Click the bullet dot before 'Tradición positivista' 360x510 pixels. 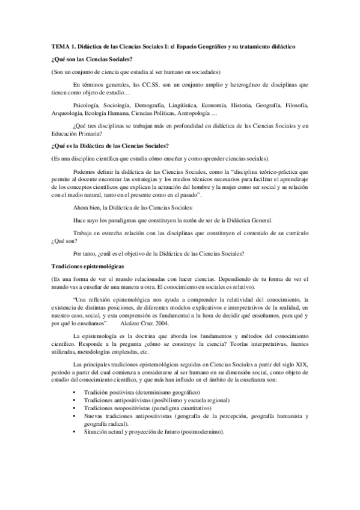(73, 392)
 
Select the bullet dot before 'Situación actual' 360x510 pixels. (73, 432)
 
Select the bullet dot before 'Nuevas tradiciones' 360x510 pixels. (73, 416)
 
